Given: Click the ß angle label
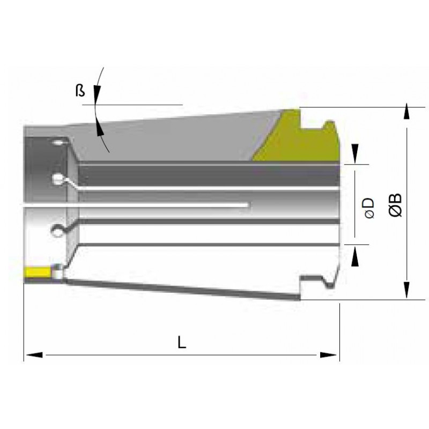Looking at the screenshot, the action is tap(80, 91).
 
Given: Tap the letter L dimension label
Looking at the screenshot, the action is tap(182, 342).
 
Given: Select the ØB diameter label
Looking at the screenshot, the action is tap(396, 205).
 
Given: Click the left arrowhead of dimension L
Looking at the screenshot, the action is tap(34, 355).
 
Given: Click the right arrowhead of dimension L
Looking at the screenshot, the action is tap(328, 355).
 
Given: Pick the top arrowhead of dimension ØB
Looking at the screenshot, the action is tap(407, 112).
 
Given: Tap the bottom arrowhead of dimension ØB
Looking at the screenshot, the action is tap(407, 290).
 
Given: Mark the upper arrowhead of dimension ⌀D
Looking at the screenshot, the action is tap(355, 154).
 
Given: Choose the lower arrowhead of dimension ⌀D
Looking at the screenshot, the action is tap(355, 256).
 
